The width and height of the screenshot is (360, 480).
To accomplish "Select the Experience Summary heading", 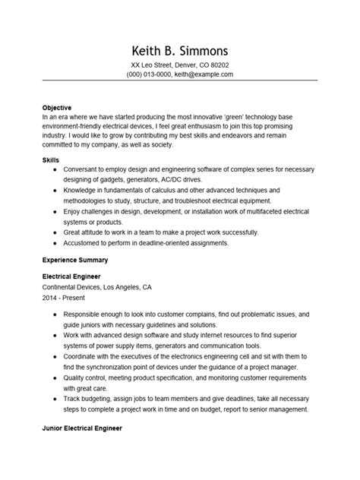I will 77,259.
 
